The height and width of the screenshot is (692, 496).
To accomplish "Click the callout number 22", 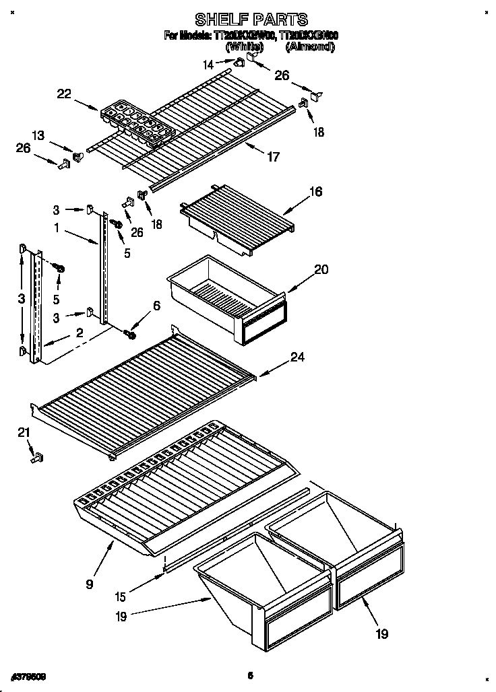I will tap(64, 95).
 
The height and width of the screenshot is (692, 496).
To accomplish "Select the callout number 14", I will tap(209, 65).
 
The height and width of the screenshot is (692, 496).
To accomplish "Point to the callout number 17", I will tap(273, 157).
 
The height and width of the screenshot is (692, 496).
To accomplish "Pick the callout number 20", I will tap(321, 269).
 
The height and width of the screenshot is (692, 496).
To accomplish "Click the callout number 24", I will tap(297, 357).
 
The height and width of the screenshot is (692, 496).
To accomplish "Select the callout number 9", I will tap(90, 584).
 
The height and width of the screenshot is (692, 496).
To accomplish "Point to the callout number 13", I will tap(40, 135).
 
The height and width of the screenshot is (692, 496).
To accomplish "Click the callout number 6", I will tap(156, 305).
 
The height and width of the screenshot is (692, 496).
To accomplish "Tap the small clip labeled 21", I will tap(37, 458).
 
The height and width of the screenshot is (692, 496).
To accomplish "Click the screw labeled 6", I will tap(131, 333).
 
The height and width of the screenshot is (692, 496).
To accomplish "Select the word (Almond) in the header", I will tap(309, 47).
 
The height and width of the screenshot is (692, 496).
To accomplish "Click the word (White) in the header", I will tap(244, 47).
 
